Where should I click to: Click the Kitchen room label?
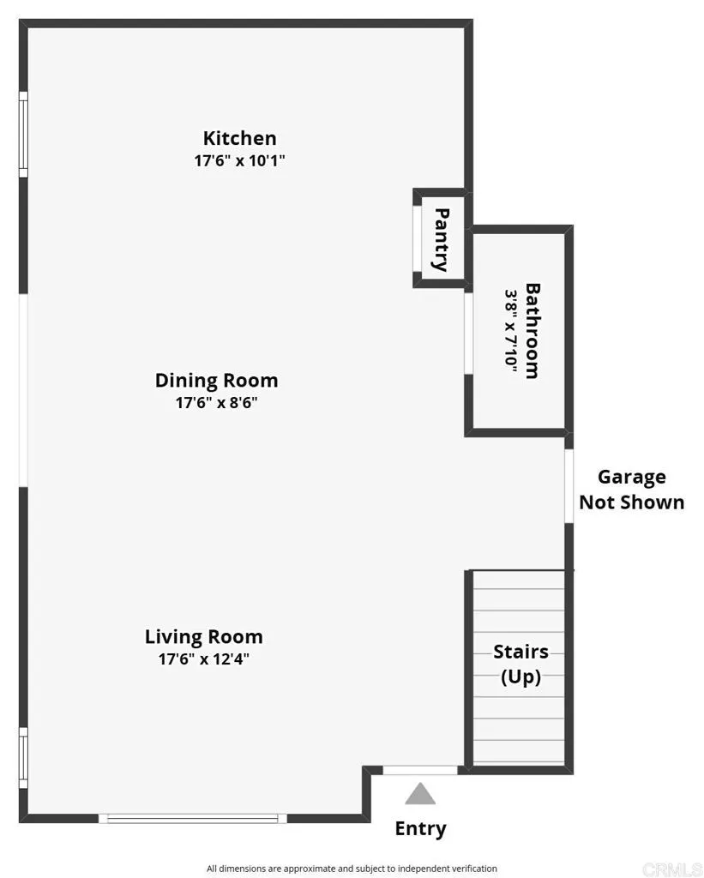click(240, 138)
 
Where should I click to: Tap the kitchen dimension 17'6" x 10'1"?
click(240, 160)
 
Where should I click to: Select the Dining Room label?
click(217, 381)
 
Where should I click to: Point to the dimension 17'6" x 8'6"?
click(217, 403)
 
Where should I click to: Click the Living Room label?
click(204, 637)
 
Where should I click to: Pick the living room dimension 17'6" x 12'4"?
click(204, 659)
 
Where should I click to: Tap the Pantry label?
click(442, 240)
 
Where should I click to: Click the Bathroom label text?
click(533, 331)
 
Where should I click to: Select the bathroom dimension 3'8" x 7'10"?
click(511, 328)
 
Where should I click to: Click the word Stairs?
click(520, 652)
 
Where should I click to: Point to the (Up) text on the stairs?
click(520, 677)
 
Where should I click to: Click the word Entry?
click(421, 829)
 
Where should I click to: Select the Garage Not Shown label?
click(632, 490)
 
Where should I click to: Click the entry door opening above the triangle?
click(420, 771)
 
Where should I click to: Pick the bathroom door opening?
click(469, 334)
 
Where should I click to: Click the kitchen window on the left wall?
click(23, 135)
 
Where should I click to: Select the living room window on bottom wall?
click(193, 819)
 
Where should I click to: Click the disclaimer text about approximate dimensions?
click(352, 869)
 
